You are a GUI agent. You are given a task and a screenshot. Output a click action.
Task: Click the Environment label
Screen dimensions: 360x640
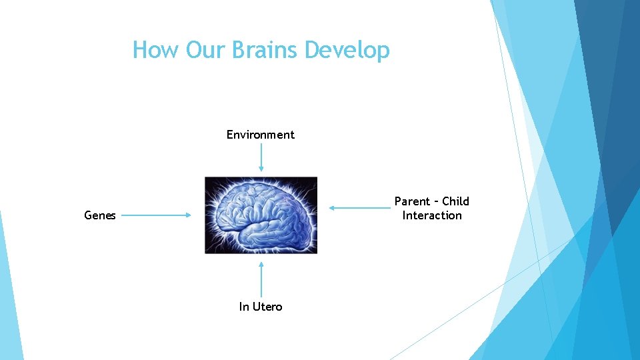(260, 135)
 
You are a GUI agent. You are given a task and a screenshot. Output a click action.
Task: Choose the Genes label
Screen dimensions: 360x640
(100, 215)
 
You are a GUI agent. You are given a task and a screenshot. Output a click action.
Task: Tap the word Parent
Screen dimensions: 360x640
(413, 201)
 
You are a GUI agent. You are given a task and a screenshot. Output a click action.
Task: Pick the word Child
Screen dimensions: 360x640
(456, 201)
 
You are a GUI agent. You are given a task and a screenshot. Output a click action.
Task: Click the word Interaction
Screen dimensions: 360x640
(432, 215)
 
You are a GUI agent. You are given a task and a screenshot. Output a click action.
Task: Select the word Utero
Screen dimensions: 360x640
(268, 307)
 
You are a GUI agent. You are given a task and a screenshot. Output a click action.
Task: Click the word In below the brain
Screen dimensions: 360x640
(244, 307)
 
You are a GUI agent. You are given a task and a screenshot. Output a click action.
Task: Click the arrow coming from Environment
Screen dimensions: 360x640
(261, 157)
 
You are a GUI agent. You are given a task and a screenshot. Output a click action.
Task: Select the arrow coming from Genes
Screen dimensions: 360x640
(156, 215)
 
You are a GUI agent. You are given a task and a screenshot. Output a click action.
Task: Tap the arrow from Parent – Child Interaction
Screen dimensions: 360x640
(360, 208)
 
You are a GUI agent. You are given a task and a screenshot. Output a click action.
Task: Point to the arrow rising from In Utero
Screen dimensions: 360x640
(261, 280)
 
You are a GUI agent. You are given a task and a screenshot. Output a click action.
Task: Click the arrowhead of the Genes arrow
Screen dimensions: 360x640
(189, 215)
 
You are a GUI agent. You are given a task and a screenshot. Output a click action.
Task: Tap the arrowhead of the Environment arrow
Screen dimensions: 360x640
(261, 169)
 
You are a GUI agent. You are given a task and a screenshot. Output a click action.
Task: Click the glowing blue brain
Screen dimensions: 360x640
(261, 215)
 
